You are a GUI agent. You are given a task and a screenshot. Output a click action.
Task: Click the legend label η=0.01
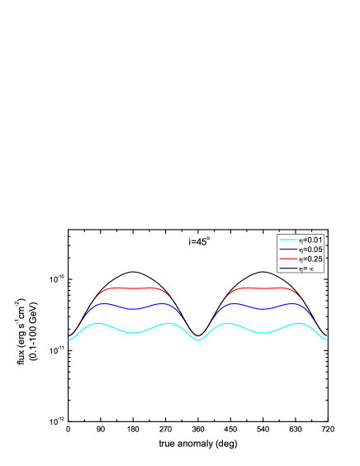click(x=310, y=240)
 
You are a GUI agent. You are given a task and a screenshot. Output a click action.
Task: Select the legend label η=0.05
click(x=310, y=250)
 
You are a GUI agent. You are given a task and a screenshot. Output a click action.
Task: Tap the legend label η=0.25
click(x=310, y=259)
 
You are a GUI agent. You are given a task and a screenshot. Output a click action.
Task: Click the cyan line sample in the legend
click(x=287, y=240)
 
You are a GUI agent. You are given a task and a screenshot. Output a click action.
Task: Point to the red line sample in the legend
click(x=287, y=259)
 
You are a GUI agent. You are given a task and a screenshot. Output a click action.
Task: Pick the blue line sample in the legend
click(x=287, y=250)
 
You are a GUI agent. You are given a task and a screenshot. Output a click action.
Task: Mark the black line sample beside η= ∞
click(x=287, y=268)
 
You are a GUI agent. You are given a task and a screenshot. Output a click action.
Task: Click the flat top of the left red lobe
click(x=132, y=288)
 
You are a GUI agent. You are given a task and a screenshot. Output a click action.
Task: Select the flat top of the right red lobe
click(x=263, y=288)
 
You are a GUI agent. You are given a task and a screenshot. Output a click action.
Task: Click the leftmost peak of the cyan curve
click(x=98, y=323)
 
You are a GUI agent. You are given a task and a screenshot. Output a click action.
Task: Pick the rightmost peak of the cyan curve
click(x=296, y=323)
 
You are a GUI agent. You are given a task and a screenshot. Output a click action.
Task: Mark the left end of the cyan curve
click(x=69, y=340)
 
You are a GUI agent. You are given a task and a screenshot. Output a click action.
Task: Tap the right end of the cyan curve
click(x=327, y=340)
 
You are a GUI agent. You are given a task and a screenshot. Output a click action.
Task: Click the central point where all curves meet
click(x=197, y=340)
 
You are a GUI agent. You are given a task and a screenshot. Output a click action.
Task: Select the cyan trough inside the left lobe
click(x=132, y=333)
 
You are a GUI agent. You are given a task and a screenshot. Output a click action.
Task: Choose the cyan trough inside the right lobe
click(x=263, y=333)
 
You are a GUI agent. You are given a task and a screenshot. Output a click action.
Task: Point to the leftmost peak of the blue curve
click(x=105, y=304)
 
